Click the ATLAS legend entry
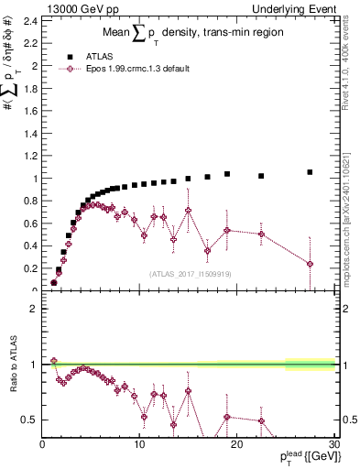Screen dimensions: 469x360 tap(122, 56)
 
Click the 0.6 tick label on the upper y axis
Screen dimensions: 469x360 tap(30, 223)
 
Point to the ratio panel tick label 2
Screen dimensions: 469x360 tap(34, 308)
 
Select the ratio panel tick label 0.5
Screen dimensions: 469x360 tap(30, 420)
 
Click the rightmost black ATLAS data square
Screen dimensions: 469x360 tap(310, 171)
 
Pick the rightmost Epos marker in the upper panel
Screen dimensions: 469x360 tap(310, 264)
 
